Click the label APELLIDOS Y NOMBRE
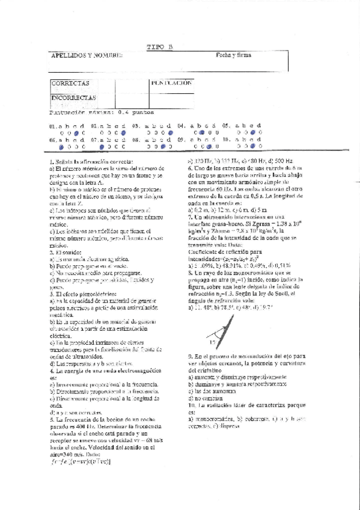click(x=87, y=55)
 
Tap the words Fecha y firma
click(x=234, y=55)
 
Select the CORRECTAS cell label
click(x=70, y=83)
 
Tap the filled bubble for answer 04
click(x=201, y=132)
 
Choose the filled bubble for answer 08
click(x=163, y=146)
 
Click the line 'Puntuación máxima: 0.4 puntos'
click(x=102, y=111)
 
